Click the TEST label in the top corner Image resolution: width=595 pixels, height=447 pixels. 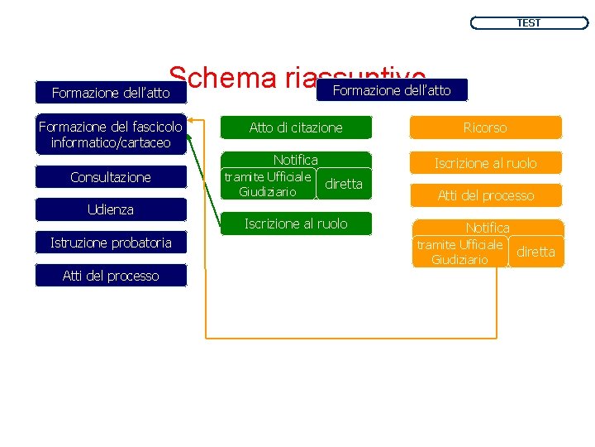pos(529,23)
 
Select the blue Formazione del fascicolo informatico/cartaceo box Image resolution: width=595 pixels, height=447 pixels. pos(111,135)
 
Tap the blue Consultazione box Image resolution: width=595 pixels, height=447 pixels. pos(111,177)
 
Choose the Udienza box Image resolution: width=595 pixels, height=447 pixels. pos(111,209)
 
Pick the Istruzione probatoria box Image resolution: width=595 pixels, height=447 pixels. pos(111,243)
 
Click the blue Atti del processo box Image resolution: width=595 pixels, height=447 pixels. pos(111,276)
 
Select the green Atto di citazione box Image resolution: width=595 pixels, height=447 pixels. pos(296,127)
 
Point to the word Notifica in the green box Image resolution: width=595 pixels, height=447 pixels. pos(296,160)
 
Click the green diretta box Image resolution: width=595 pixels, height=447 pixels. pos(344,184)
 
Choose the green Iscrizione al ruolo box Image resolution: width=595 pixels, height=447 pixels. pos(296,223)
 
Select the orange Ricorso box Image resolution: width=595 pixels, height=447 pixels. pos(486,127)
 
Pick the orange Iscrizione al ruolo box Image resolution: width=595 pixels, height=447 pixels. pos(486,163)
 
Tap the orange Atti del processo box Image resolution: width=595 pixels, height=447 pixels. pos(486,195)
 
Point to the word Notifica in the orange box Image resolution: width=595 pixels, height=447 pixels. pos(488,227)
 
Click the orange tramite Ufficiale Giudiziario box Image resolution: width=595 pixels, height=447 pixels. pos(459,252)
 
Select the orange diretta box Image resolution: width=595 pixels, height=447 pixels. pos(536,252)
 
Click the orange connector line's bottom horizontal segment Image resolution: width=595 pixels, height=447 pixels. pos(347,338)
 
